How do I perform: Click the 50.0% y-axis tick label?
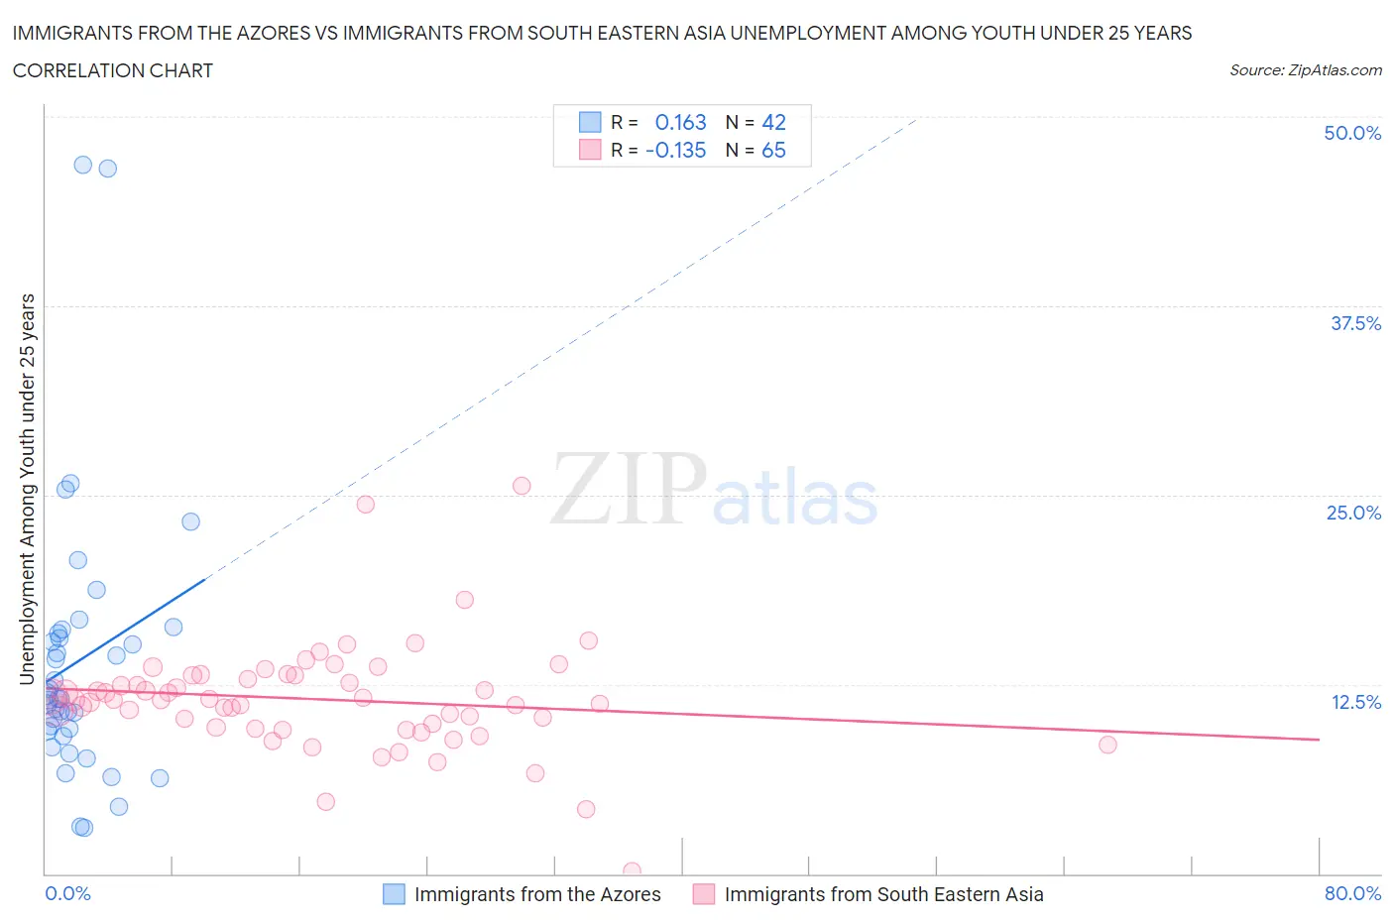(1352, 133)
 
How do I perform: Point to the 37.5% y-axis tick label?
(1355, 323)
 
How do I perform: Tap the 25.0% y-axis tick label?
(1353, 513)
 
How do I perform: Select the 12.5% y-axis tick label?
(1355, 702)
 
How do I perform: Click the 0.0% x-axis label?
(67, 893)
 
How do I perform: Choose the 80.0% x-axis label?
(1352, 893)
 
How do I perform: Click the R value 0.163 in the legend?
(680, 122)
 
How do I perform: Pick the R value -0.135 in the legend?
(675, 150)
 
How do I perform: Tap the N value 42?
(773, 122)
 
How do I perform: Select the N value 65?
(773, 150)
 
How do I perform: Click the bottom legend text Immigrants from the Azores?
(537, 894)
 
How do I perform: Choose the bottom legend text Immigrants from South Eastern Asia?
(883, 894)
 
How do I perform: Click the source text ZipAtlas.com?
(1335, 70)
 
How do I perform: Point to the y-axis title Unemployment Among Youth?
(28, 489)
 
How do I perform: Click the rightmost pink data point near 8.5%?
(1107, 745)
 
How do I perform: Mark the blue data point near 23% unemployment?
(191, 521)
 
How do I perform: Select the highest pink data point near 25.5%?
(522, 486)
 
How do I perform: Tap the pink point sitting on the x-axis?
(632, 871)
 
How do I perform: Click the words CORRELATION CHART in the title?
(113, 70)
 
